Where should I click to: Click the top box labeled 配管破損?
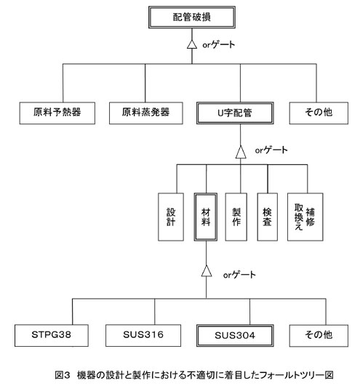(x=192, y=17)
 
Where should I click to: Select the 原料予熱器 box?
(x=57, y=113)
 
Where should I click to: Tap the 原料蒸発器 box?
(x=145, y=113)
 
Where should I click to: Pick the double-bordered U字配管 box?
(x=235, y=113)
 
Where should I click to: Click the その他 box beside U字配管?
(x=319, y=113)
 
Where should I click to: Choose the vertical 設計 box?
(x=171, y=217)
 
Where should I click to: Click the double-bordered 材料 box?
(x=206, y=217)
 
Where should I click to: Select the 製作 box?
(x=236, y=217)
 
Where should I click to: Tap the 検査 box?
(x=268, y=217)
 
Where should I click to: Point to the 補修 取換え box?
(x=305, y=217)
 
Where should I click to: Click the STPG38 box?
(x=52, y=336)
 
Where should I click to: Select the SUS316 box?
(x=143, y=336)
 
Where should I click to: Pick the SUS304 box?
(x=235, y=336)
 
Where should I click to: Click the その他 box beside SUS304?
(x=319, y=336)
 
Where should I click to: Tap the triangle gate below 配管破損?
(x=192, y=44)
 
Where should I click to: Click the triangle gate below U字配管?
(x=241, y=152)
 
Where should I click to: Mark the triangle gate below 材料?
(x=207, y=270)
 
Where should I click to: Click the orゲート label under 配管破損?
(x=219, y=45)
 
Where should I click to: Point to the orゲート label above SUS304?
(x=239, y=275)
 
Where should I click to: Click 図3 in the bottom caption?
(x=63, y=375)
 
